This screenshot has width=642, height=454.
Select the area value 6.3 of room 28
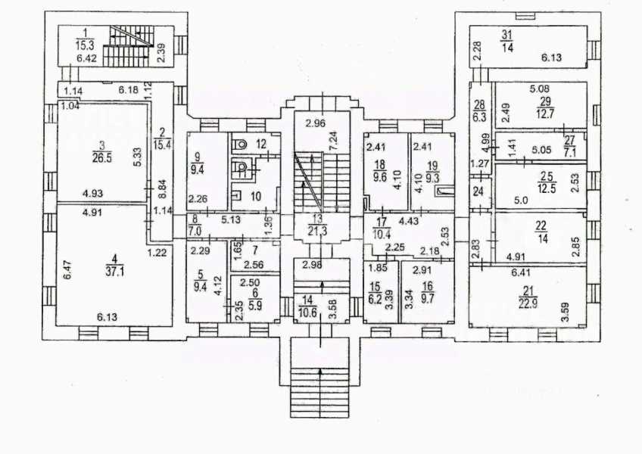point(478,117)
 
